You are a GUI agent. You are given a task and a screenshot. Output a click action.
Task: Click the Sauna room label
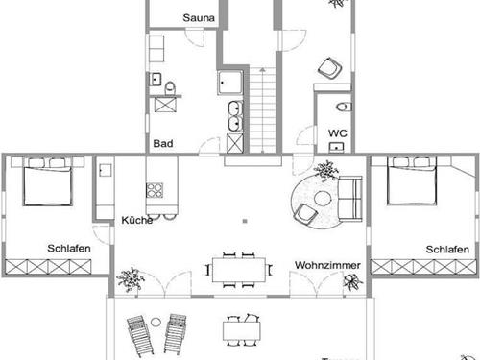tap(199, 17)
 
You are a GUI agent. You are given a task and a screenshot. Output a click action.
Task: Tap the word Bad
tap(163, 144)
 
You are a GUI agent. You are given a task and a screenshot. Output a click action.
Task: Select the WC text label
tap(337, 133)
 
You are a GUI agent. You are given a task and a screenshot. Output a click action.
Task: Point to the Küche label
tap(137, 220)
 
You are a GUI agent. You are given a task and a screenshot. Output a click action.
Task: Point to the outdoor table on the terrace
tap(242, 329)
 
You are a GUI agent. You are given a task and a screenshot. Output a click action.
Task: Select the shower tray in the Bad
tap(231, 84)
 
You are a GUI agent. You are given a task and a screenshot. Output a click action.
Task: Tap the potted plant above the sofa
tap(325, 171)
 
